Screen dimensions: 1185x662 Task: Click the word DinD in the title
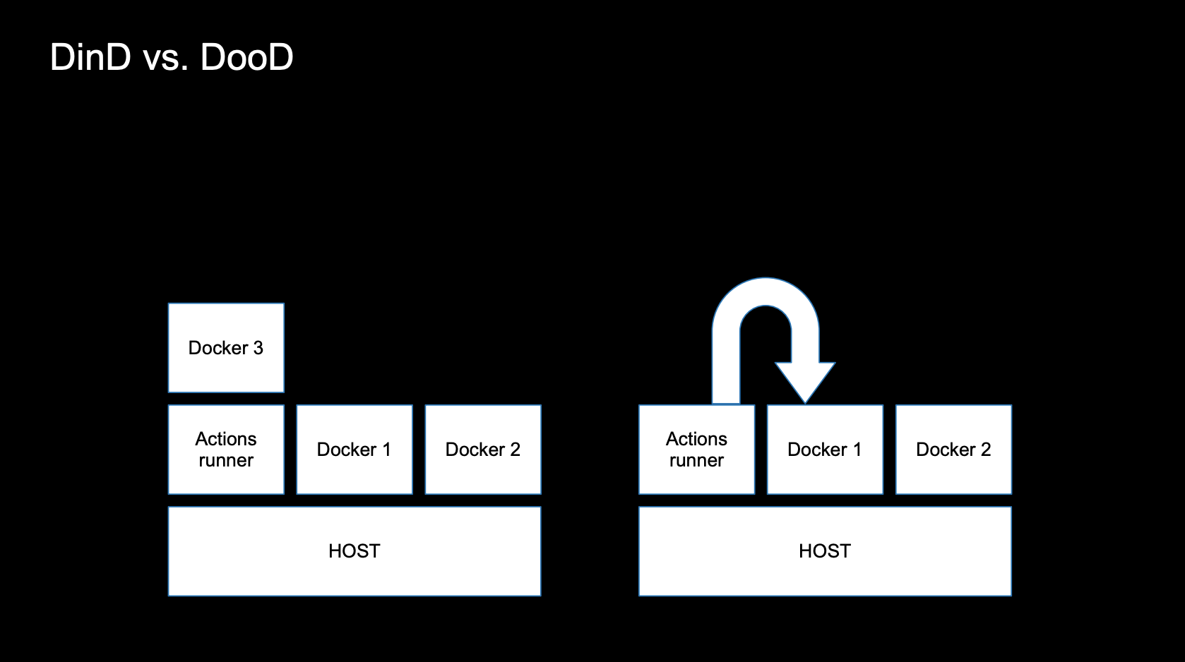tap(90, 57)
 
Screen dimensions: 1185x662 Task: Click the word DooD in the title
tap(246, 57)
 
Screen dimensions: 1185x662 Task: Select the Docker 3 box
tap(226, 348)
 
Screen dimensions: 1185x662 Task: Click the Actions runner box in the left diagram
tap(226, 450)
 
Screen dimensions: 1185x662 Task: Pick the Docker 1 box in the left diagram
tap(355, 450)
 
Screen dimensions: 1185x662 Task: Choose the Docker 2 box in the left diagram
tap(483, 450)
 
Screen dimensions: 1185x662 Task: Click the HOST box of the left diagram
tap(355, 551)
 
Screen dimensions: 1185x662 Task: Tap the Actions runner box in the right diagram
tap(697, 450)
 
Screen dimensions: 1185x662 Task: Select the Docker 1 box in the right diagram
tap(826, 450)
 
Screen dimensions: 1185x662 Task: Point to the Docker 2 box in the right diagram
tap(954, 450)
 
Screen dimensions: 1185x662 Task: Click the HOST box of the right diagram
tap(826, 551)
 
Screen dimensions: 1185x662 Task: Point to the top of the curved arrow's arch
tap(766, 291)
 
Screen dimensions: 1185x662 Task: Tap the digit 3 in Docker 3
tap(258, 348)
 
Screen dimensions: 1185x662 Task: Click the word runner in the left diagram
tap(226, 461)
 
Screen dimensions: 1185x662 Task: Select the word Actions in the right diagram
tap(697, 439)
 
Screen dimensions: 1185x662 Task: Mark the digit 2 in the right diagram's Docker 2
tap(985, 450)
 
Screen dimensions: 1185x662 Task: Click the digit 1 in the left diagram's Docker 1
tap(387, 450)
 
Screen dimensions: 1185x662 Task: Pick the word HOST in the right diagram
tap(825, 551)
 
